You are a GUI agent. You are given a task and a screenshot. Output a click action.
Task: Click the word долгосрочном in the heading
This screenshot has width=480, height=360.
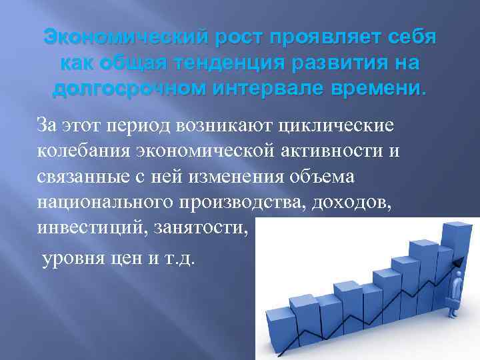[133, 89]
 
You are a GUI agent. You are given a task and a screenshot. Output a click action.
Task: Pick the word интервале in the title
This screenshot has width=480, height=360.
[283, 89]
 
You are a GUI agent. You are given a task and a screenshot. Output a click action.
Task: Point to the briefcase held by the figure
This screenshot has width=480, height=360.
[455, 309]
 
